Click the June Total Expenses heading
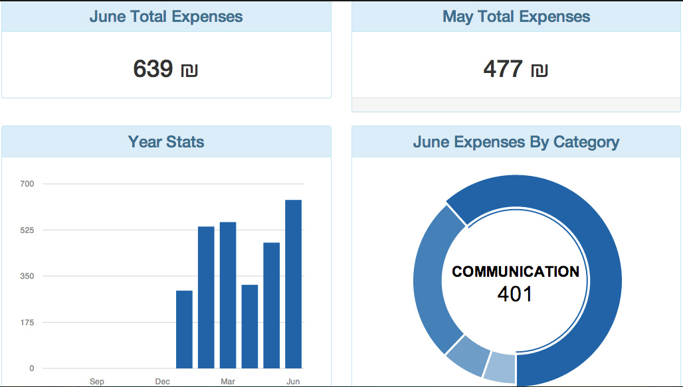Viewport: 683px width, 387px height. point(166,17)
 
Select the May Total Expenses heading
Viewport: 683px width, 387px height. point(516,17)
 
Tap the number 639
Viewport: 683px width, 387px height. point(153,68)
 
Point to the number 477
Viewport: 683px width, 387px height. point(503,68)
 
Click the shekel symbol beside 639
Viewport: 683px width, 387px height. point(189,70)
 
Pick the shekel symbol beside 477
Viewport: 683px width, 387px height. point(539,70)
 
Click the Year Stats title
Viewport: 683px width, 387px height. point(166,141)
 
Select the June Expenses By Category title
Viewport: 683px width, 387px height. point(516,141)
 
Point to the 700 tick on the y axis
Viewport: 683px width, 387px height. point(28,184)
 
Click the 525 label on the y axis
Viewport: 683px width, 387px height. point(28,230)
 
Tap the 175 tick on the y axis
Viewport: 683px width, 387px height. point(28,323)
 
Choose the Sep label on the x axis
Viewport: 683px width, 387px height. point(97,382)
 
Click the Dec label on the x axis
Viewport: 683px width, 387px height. point(162,382)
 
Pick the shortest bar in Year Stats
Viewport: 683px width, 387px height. point(184,329)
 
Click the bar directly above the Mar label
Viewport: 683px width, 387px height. point(228,295)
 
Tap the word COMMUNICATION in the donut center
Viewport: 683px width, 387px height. point(516,271)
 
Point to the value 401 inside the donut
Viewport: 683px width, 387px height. point(515,293)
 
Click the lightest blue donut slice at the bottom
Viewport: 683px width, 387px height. point(500,367)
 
